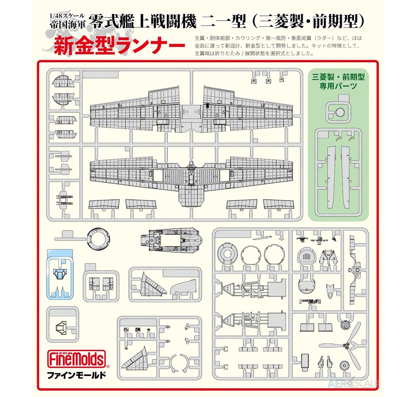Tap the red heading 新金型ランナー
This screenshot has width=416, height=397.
point(119,45)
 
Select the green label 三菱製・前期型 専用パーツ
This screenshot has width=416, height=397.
point(338,82)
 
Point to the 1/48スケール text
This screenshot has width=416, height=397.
point(67,16)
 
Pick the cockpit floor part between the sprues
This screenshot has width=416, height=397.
point(172,240)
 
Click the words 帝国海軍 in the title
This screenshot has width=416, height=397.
point(68,24)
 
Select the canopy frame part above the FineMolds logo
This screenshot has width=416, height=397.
point(61,328)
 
